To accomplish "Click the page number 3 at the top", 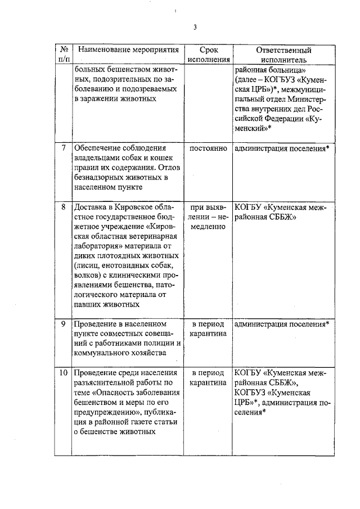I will pyautogui.click(x=195, y=27).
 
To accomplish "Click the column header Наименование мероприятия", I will pyautogui.click(x=124, y=50).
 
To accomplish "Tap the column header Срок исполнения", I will pyautogui.click(x=209, y=55).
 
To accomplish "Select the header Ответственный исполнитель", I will pyautogui.click(x=283, y=55).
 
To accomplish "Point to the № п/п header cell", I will pyautogui.click(x=64, y=55).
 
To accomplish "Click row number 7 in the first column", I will pyautogui.click(x=64, y=148).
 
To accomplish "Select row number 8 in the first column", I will pyautogui.click(x=64, y=207).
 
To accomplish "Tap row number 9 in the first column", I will pyautogui.click(x=64, y=325).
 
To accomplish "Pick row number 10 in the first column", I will pyautogui.click(x=64, y=373).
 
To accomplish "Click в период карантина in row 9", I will pyautogui.click(x=209, y=329).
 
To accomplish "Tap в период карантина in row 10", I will pyautogui.click(x=209, y=378).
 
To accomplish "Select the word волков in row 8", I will pyautogui.click(x=87, y=276).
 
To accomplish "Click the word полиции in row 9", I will pyautogui.click(x=154, y=344).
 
